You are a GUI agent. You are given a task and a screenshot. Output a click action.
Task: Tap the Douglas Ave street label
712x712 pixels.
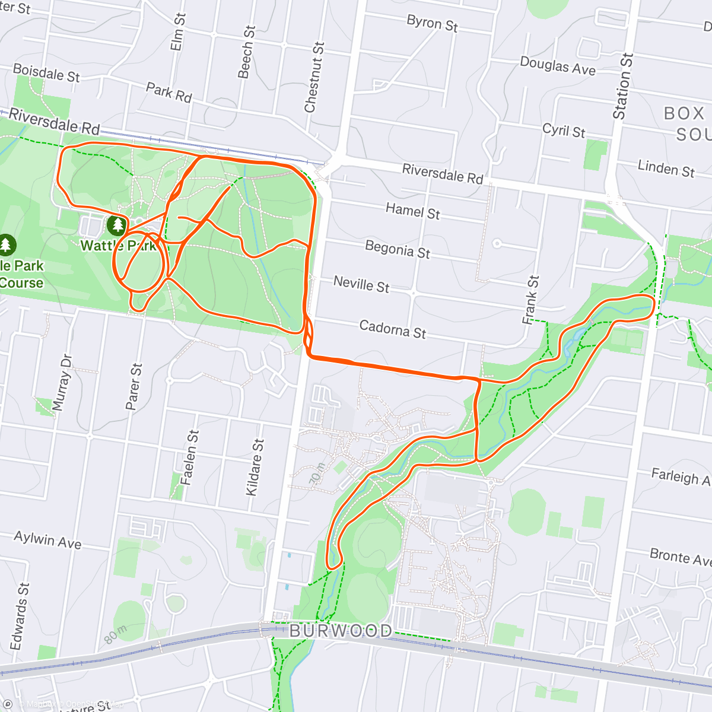[557, 66]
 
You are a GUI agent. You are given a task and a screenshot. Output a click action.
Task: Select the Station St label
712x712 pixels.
[623, 87]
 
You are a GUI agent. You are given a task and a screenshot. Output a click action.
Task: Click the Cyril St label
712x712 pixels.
[564, 131]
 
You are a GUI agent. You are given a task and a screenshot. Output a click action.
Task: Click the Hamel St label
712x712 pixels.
[412, 211]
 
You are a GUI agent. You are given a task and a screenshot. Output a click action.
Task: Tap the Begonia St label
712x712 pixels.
[397, 249]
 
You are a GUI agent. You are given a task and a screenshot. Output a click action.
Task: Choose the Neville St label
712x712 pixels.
[361, 284]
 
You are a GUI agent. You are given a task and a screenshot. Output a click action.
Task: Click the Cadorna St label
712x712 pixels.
[392, 329]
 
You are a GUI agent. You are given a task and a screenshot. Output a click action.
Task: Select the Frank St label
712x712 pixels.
[530, 300]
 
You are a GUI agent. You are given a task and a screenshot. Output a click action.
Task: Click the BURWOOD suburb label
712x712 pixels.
[341, 631]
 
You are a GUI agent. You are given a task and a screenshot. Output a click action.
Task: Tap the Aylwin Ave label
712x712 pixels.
[47, 540]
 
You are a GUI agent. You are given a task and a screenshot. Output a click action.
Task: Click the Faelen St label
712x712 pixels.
[190, 457]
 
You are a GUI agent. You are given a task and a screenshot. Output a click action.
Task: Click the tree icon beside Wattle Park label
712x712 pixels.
[117, 225]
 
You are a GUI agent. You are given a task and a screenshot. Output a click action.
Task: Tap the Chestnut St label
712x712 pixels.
[314, 77]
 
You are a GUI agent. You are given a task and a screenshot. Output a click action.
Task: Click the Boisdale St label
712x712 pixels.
[46, 73]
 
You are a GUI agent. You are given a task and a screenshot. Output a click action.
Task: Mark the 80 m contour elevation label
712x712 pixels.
[116, 634]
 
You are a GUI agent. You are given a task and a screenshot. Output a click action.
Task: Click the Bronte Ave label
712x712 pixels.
[680, 557]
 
